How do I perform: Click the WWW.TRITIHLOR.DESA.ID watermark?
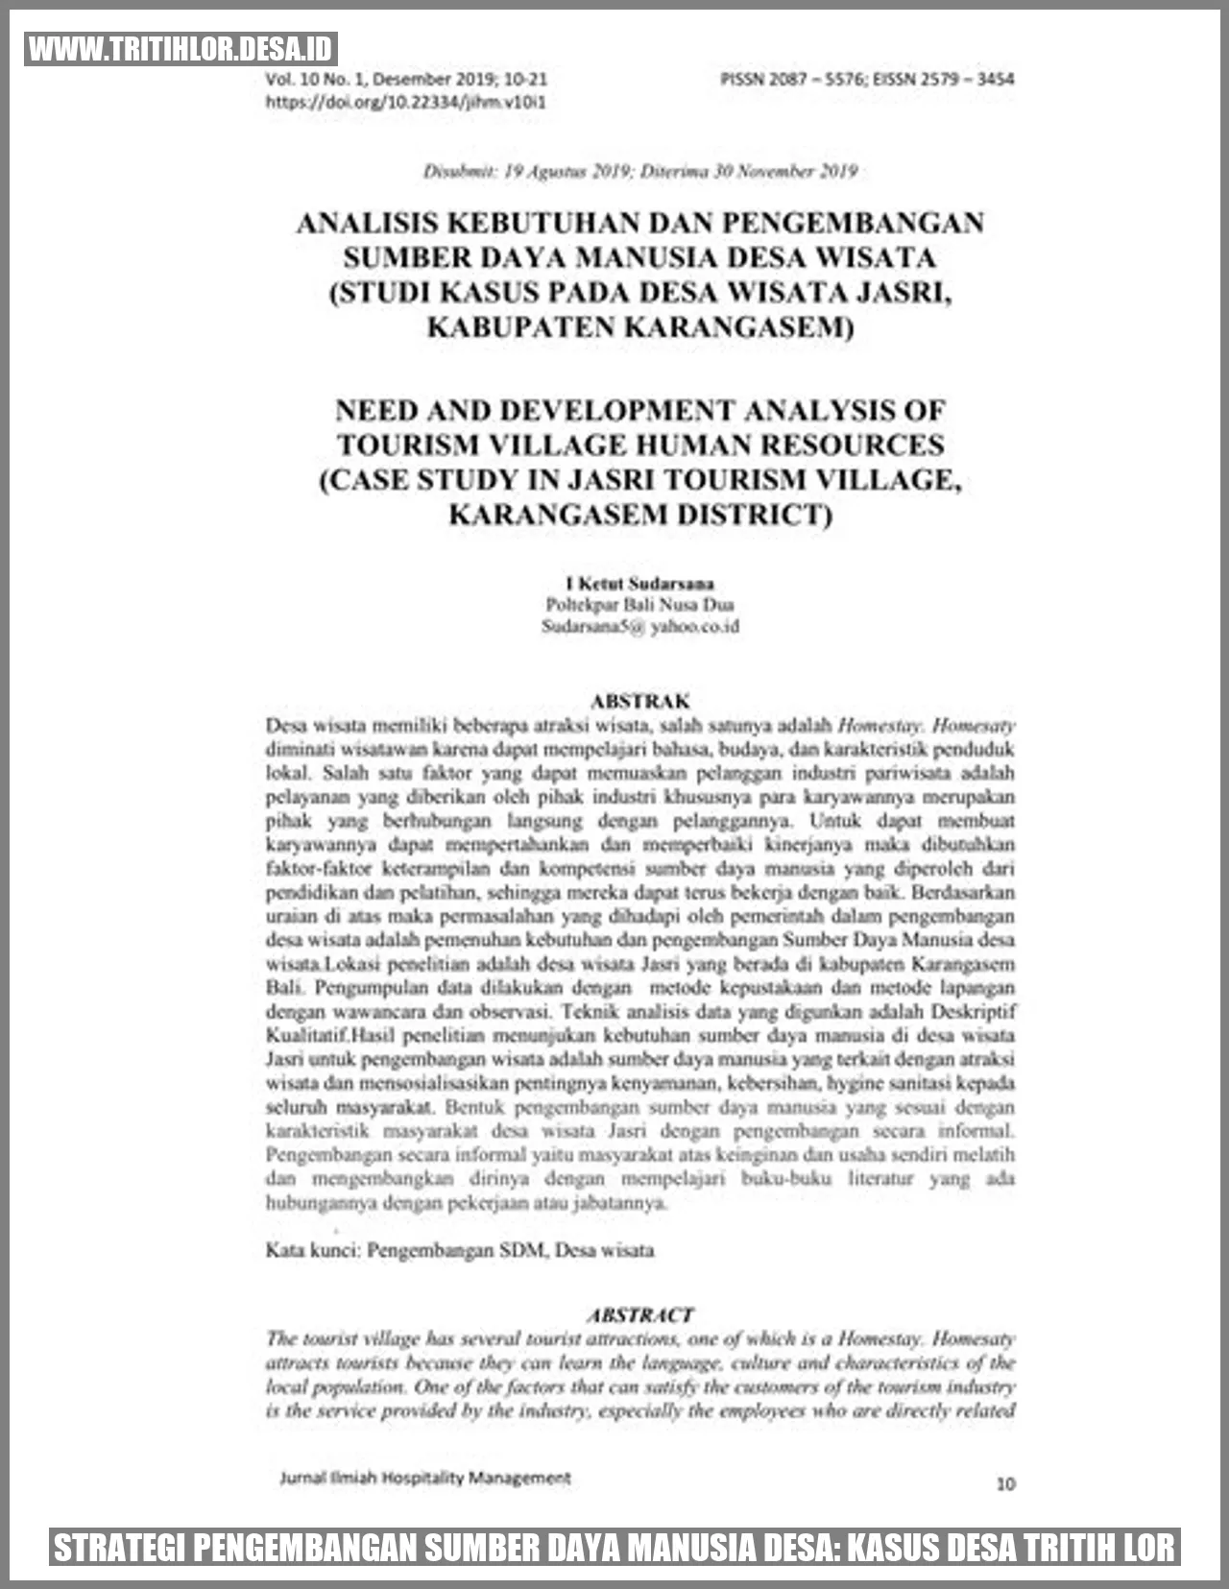(x=181, y=49)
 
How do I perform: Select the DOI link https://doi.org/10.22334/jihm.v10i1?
(x=405, y=102)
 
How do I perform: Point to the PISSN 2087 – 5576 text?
(x=791, y=79)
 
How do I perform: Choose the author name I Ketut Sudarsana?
(x=639, y=583)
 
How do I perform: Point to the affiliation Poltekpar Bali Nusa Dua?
(x=639, y=605)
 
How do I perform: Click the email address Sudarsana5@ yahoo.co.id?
(x=639, y=627)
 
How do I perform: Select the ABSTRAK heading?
(x=639, y=701)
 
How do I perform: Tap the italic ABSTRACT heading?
(x=639, y=1314)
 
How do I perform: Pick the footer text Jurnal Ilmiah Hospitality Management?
(x=424, y=1478)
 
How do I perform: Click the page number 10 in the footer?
(x=1004, y=1483)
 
